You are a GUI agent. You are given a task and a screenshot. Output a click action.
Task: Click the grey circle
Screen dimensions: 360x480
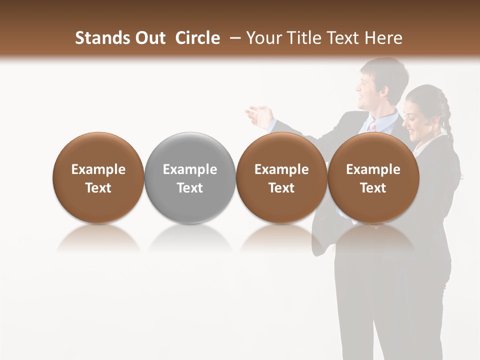pos(190,177)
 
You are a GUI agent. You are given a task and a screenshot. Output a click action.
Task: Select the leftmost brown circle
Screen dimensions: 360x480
pos(98,177)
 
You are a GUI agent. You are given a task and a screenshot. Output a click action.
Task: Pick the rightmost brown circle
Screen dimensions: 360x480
pos(373,177)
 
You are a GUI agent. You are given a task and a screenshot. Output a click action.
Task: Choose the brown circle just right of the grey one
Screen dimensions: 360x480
pos(281,177)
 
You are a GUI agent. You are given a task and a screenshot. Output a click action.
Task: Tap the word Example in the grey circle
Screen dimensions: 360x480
pos(190,169)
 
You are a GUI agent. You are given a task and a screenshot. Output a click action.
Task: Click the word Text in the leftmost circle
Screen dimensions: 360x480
pos(98,188)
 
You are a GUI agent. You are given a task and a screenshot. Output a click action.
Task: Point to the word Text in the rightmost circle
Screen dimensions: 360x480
pos(373,188)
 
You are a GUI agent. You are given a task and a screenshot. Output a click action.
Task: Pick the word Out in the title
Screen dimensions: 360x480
pos(149,38)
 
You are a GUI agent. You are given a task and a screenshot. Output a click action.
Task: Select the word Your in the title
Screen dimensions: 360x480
pos(263,38)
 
